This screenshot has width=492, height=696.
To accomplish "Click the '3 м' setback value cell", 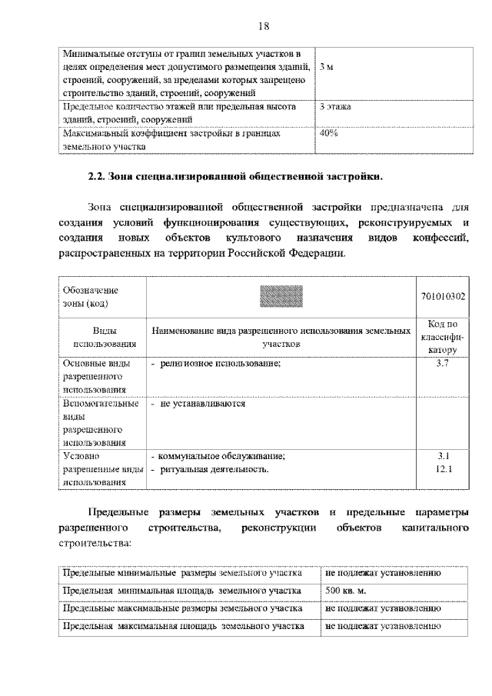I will tap(327, 68).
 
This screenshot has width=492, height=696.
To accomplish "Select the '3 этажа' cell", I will tap(336, 107).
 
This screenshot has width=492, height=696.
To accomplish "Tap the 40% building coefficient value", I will tap(329, 133).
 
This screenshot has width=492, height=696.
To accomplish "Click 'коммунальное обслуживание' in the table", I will tap(221, 455).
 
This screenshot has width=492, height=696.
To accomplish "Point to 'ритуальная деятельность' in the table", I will tap(214, 468).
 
